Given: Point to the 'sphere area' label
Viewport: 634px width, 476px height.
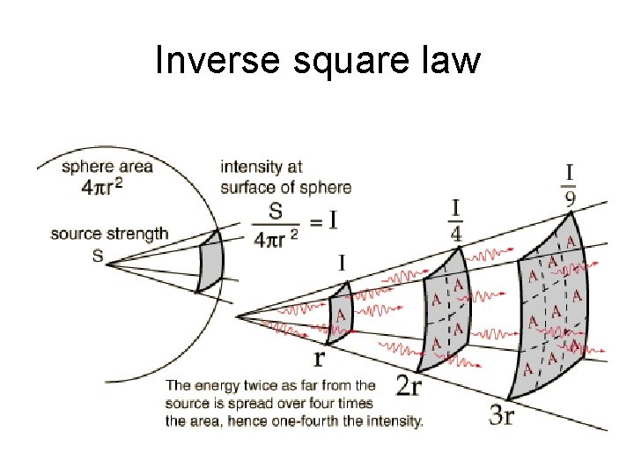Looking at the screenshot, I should (107, 166).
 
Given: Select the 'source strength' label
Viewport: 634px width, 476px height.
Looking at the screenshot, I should (109, 234).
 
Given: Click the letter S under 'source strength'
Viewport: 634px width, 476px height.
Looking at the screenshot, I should (97, 255).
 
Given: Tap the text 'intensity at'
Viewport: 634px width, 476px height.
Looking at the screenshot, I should (262, 166).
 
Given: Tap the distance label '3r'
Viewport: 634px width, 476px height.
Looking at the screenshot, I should (502, 415).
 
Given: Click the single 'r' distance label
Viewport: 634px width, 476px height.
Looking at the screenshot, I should (320, 359).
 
